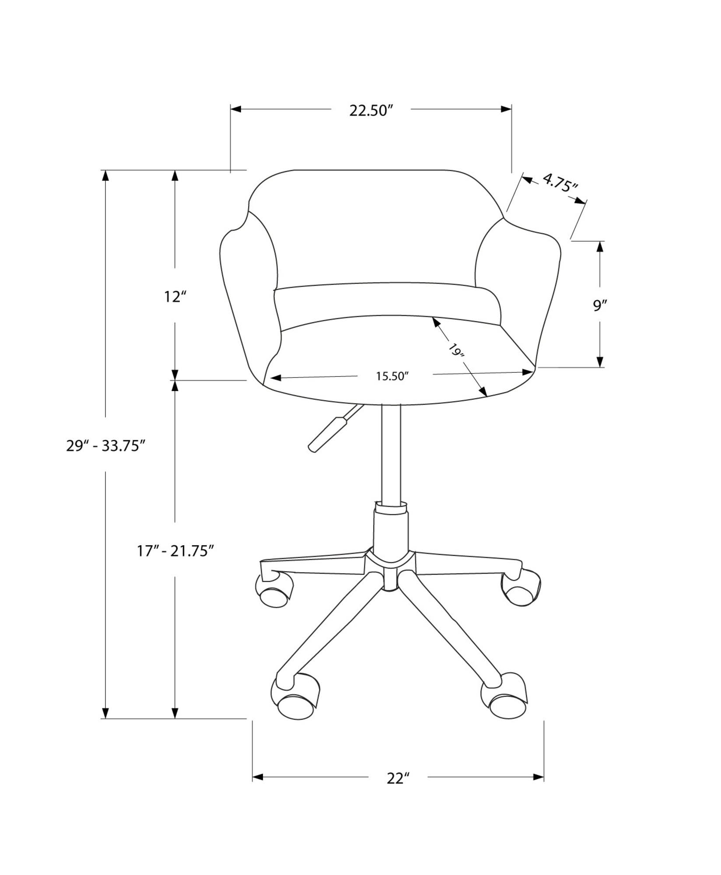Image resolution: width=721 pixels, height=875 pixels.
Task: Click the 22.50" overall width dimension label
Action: coord(369,111)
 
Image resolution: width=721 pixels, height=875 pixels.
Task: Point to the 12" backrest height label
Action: coord(175,297)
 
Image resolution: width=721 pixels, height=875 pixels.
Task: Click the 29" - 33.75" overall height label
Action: coord(105,446)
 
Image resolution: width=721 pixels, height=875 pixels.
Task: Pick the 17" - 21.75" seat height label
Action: coord(175,551)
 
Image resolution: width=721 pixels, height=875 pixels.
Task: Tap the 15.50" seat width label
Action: coord(392,376)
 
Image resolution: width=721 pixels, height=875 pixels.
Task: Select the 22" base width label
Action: coord(398,779)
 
